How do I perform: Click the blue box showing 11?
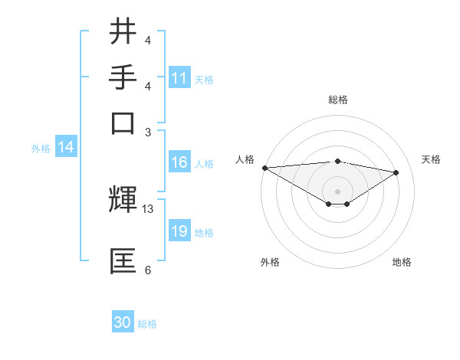pos(179,78)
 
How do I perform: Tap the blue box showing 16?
pos(179,162)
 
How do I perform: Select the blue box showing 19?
pos(179,231)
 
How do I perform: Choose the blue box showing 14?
pos(66,148)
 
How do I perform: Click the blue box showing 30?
pos(123,322)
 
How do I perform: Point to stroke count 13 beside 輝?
pos(148,209)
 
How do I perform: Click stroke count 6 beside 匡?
pos(148,270)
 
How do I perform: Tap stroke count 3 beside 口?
pos(148,132)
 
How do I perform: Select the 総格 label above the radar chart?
pos(338,100)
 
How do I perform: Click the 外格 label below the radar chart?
pos(270,262)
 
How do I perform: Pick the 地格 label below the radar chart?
pos(402,262)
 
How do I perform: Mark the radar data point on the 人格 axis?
pos(264,168)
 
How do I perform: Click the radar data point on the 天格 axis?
pos(396,172)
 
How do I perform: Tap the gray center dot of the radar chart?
pos(338,191)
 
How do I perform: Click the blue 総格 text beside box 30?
pos(147,324)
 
